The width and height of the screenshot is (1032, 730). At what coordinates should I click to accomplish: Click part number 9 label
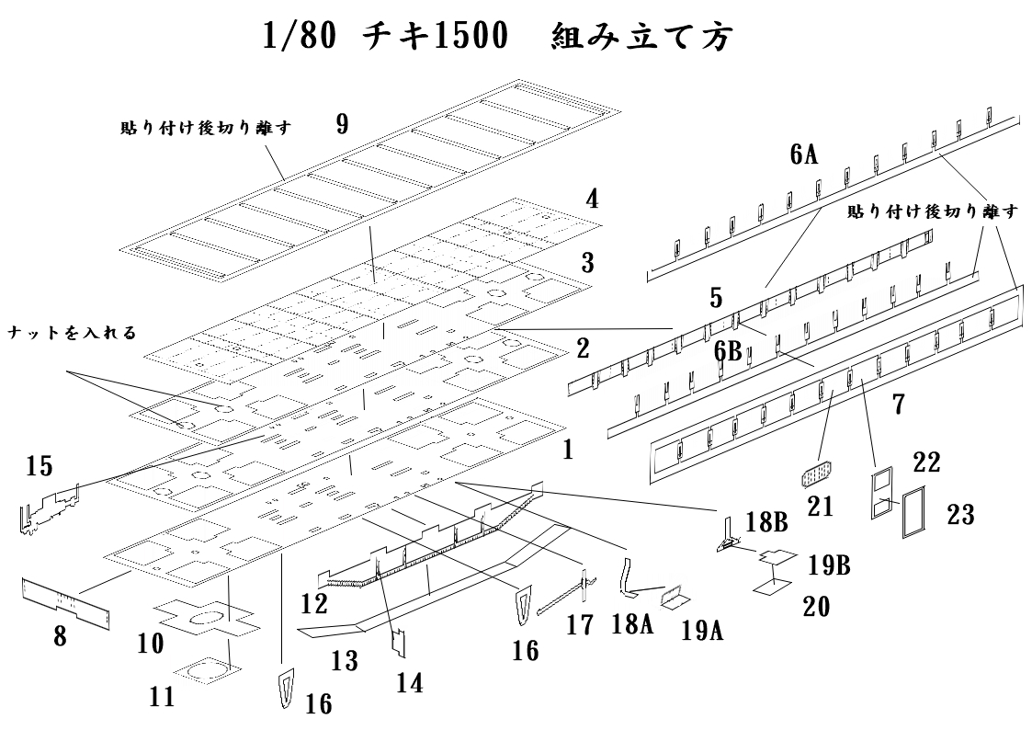point(342,125)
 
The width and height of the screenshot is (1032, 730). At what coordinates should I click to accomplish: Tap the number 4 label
point(594,199)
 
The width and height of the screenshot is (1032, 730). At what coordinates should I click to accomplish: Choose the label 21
point(821,506)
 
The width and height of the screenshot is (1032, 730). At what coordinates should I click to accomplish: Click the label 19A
point(704,631)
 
